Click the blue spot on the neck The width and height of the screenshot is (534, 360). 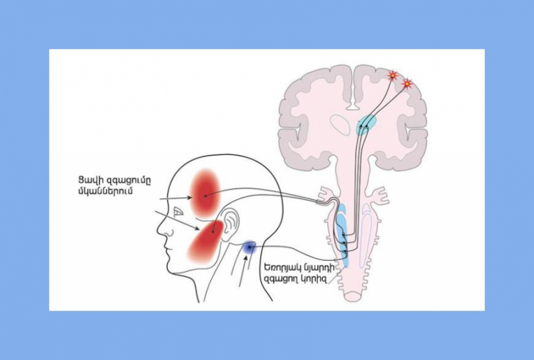tap(248, 247)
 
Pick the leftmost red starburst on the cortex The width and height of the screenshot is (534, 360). tap(393, 75)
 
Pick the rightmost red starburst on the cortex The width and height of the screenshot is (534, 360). tap(407, 84)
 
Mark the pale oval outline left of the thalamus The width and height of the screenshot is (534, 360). tap(340, 124)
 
